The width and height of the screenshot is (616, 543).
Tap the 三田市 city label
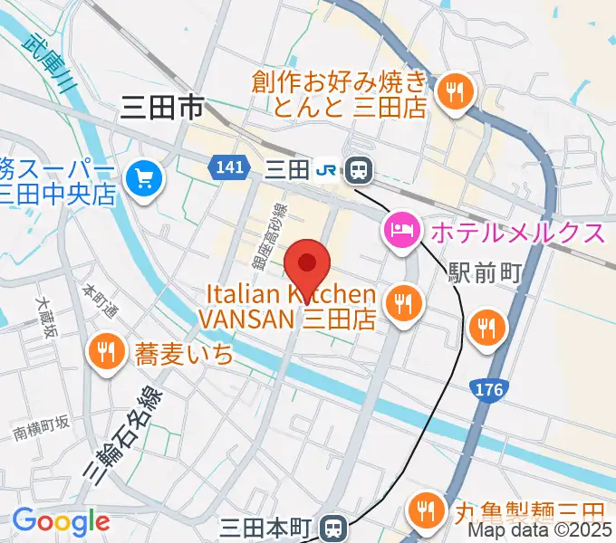pos(160,110)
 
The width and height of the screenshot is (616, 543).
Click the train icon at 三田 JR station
pos(360,168)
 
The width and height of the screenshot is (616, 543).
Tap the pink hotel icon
pos(400,232)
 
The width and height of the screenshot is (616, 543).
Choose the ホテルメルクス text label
pos(516,233)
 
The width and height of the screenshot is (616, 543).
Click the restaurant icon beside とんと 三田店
pos(451,92)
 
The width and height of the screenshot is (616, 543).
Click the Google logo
pos(61,521)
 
